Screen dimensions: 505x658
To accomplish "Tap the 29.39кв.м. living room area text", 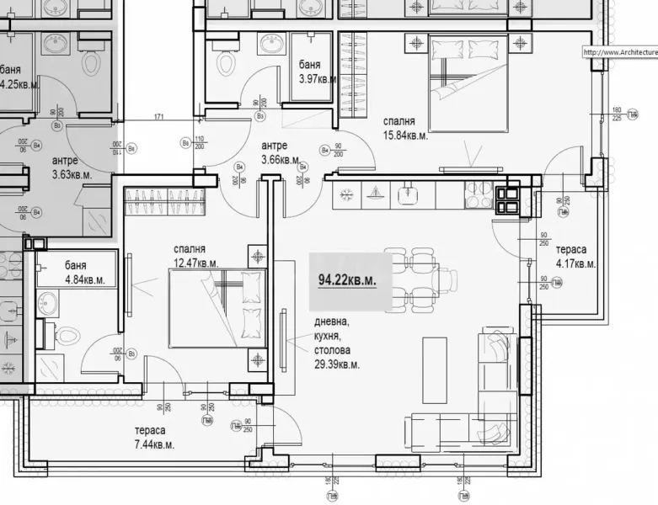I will point(337,364).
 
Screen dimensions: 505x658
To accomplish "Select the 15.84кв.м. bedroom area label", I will point(405,136).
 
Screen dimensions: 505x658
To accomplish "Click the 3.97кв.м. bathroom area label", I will point(318,79).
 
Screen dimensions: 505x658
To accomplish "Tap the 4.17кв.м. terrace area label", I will point(575,264).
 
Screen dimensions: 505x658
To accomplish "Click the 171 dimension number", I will point(158,117).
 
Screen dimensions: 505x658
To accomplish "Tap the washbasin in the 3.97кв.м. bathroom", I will point(270,43).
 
